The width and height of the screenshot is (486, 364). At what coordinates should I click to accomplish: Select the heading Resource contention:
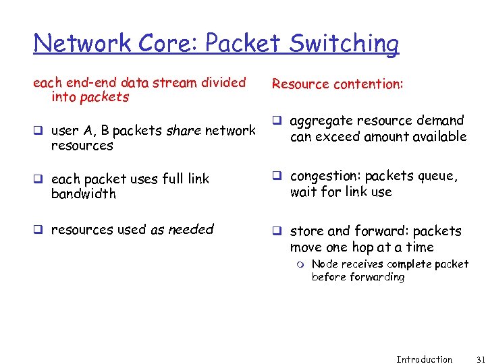pos(337,84)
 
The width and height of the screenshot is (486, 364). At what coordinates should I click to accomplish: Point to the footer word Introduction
pos(424,359)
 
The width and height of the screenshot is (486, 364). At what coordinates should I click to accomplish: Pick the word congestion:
pos(325,176)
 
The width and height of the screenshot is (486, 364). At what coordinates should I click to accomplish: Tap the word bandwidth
pos(84,194)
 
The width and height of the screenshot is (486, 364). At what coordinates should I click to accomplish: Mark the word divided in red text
pos(223,83)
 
